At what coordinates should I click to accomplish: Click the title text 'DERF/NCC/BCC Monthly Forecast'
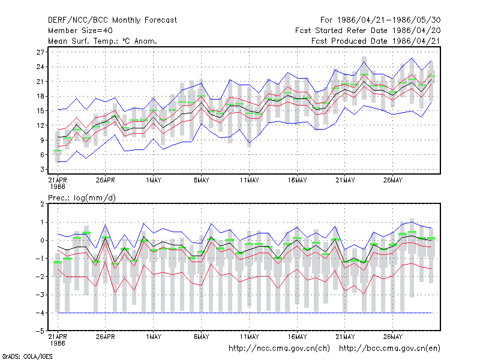pos(112,20)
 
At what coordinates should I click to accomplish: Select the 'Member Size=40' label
pos(80,31)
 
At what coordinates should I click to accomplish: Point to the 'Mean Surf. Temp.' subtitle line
pos(102,41)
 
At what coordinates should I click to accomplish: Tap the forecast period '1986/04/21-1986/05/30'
pos(388,20)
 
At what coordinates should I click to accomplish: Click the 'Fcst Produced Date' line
pos(376,41)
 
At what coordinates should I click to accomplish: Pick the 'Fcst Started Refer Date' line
pos(368,31)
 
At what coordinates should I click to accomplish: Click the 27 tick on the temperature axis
pos(40,52)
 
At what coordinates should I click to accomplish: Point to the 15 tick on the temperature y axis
pos(40,111)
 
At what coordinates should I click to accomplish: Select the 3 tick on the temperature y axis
pos(42,169)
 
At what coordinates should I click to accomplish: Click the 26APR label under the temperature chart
pos(106,180)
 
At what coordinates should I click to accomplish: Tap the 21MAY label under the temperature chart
pos(345,180)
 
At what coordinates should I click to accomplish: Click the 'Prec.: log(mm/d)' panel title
pos(82,198)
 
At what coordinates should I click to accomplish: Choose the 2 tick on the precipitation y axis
pos(42,204)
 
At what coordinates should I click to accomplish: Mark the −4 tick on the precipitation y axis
pos(40,313)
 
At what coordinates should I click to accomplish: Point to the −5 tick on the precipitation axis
pos(40,331)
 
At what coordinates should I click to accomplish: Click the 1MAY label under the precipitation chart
pos(154,337)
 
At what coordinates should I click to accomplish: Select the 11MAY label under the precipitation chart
pos(249,337)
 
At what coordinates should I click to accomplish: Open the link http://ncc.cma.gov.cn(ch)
pos(279,349)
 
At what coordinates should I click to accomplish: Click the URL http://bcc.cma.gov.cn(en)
pos(389,349)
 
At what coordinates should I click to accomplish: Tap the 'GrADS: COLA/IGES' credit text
pos(27,356)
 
